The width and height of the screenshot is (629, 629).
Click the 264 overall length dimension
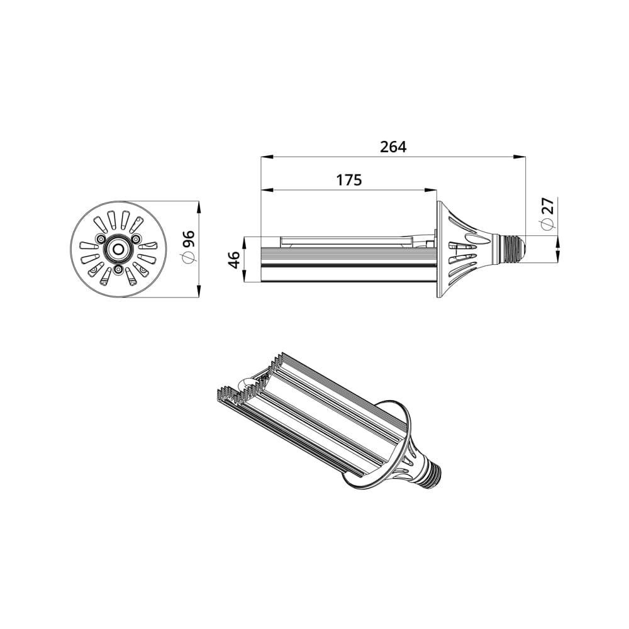[x=393, y=147]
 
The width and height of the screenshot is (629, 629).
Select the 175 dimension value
[x=349, y=180]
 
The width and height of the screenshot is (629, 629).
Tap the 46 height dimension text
[x=234, y=260]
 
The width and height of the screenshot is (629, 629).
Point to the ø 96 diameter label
[x=188, y=247]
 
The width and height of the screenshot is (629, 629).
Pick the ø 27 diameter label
[x=548, y=214]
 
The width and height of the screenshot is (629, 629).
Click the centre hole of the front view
[x=118, y=249]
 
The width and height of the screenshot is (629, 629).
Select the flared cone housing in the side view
[x=465, y=249]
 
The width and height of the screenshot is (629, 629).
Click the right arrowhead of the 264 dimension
[x=521, y=156]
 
